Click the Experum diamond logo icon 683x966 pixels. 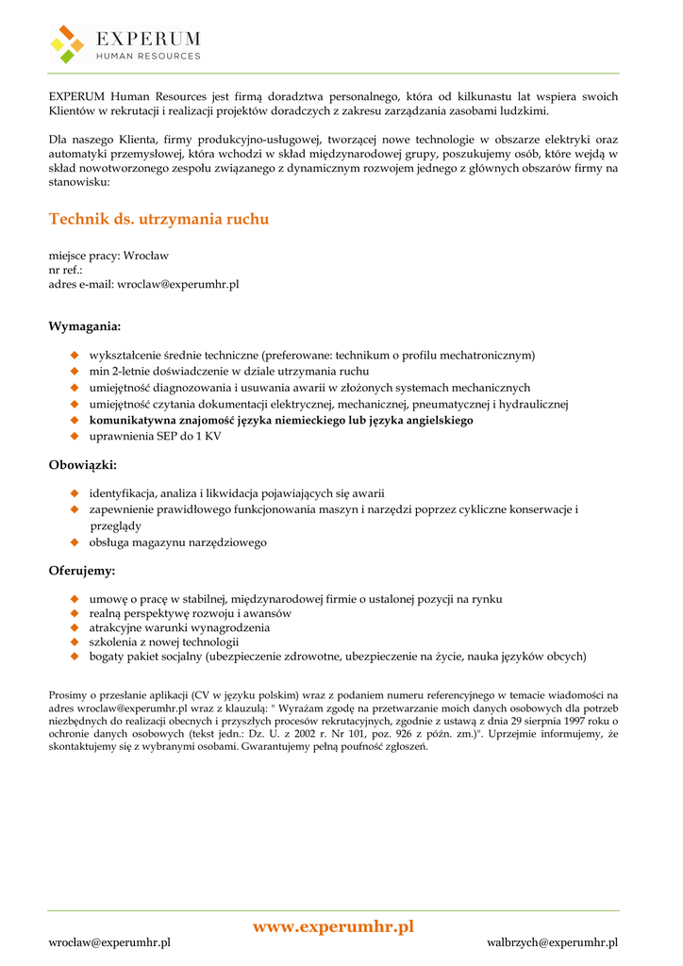[67, 44]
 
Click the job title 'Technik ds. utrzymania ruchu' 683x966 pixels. [158, 219]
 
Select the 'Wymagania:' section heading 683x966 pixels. [85, 326]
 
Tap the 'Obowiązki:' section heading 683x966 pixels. [83, 464]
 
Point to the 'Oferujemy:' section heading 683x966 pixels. [82, 571]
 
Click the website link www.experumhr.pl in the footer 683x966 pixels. [333, 926]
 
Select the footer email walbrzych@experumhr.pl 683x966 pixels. [552, 941]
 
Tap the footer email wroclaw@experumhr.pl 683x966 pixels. [109, 941]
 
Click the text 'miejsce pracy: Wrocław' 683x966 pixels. [108, 255]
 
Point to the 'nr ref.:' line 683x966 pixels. [66, 269]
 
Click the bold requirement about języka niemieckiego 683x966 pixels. [281, 421]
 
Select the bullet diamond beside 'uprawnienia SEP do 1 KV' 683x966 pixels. [74, 437]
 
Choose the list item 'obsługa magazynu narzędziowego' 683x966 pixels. [177, 542]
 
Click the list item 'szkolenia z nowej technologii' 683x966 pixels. [164, 641]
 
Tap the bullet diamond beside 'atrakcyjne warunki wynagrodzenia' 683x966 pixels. [74, 627]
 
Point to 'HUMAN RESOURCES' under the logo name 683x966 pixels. [149, 56]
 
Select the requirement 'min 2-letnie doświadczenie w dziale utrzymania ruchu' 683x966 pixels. [228, 372]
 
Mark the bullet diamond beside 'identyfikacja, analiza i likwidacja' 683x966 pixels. [74, 493]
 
